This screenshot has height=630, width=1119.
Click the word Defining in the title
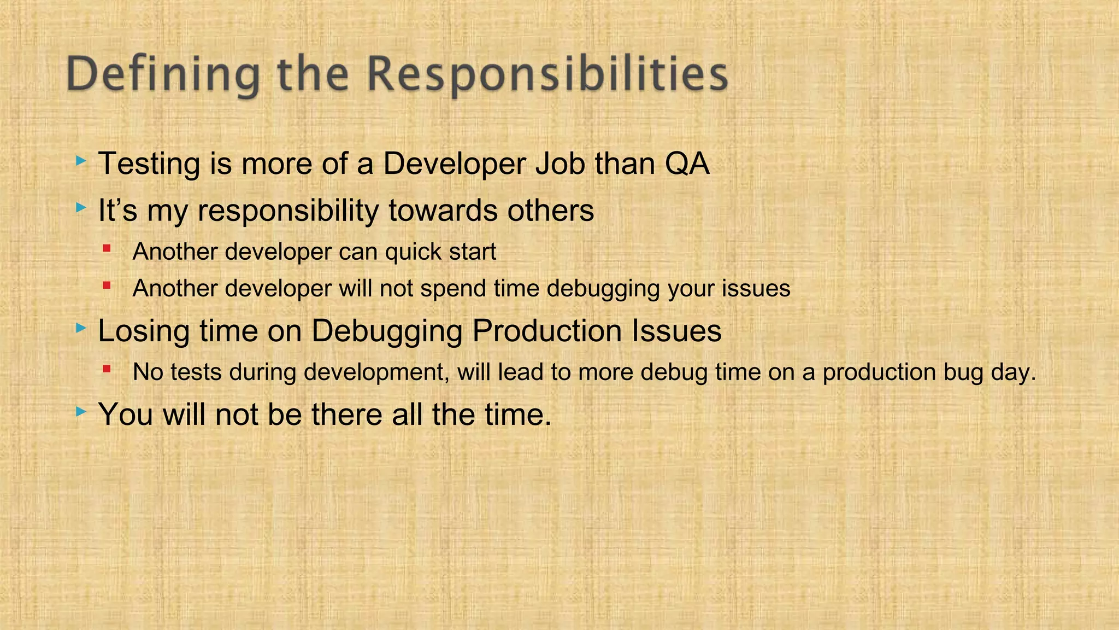163,75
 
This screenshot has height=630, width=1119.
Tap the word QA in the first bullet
687,164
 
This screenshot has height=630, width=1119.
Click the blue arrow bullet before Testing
81,161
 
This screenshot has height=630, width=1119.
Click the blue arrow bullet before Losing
81,328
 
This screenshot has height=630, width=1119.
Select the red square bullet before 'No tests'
107,370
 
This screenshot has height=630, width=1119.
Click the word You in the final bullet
126,414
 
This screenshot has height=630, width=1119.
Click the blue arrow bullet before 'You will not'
81,411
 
